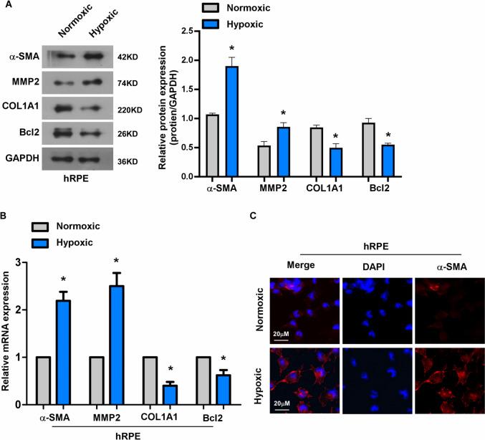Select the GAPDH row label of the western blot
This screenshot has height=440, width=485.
(x=24, y=161)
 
